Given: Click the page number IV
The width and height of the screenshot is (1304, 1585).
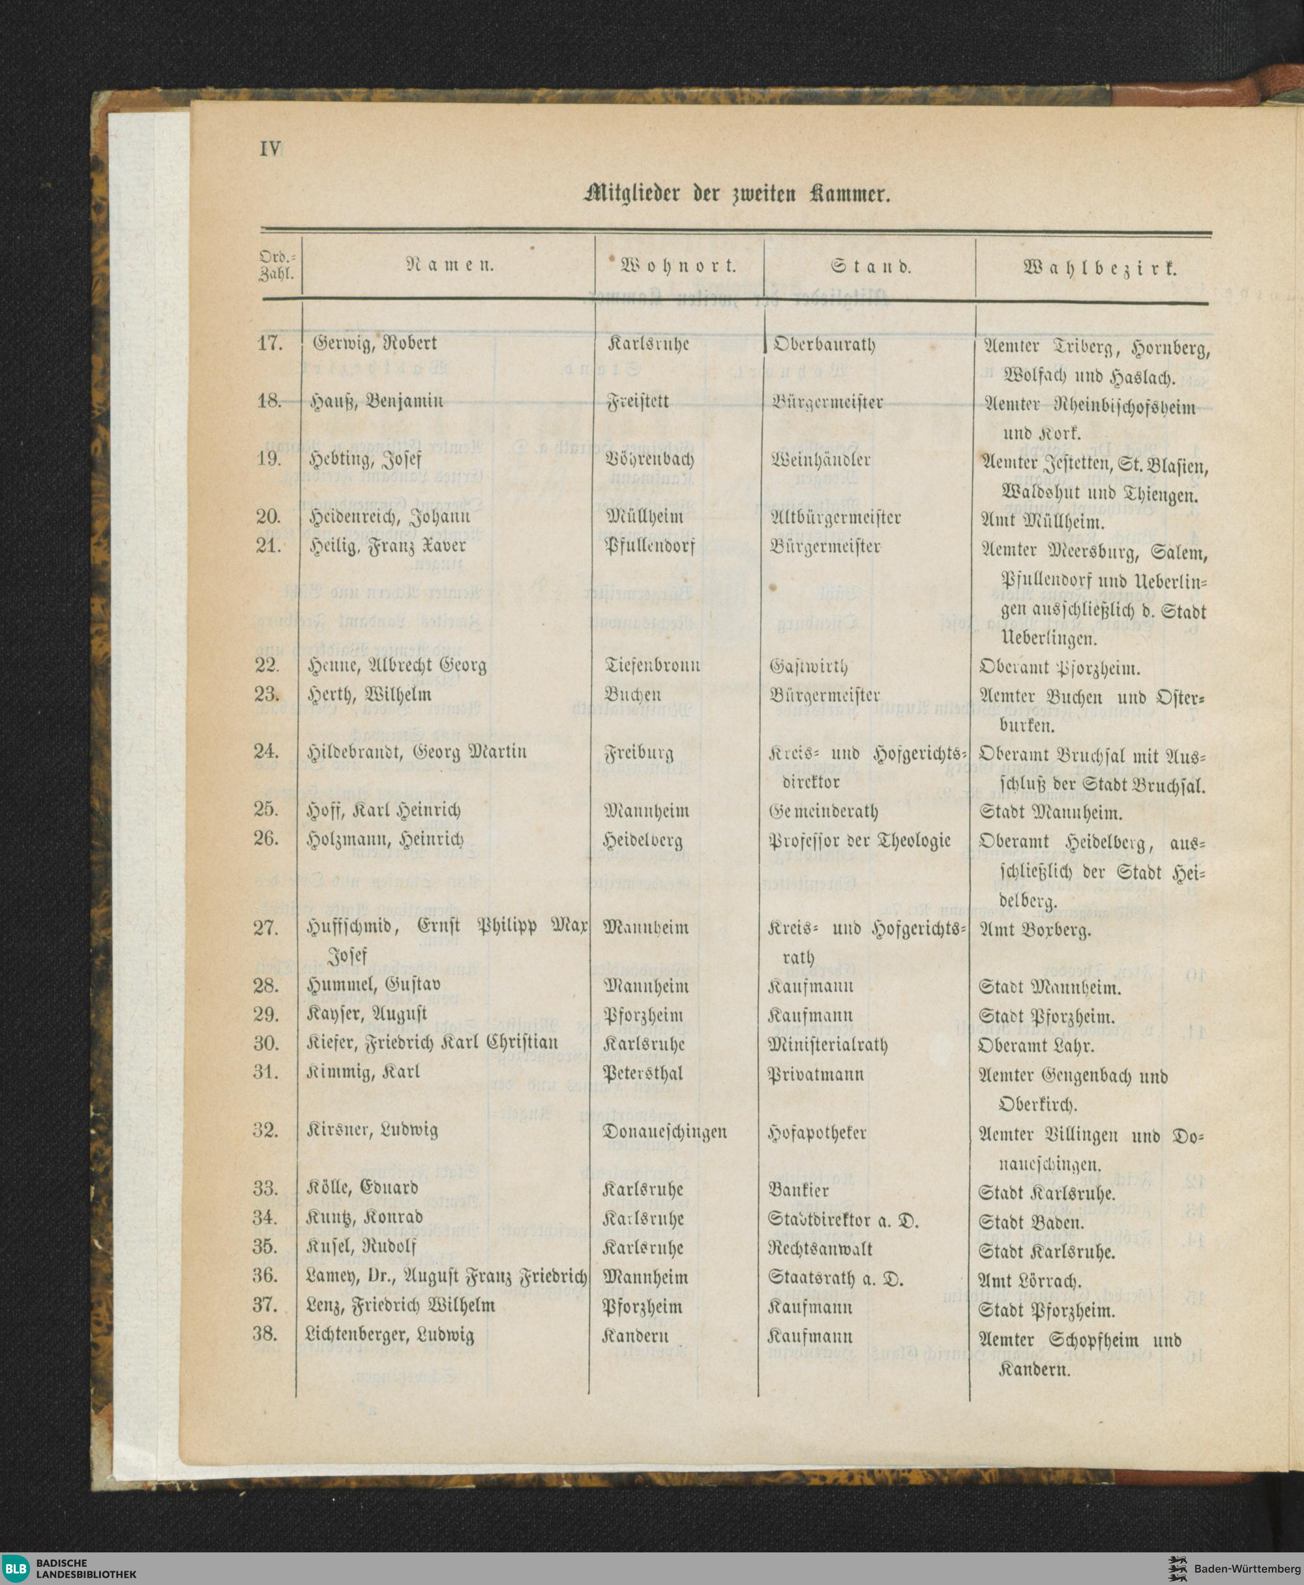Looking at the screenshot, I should (x=270, y=149).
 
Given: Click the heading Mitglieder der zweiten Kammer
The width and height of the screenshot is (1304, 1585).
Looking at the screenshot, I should (x=737, y=194).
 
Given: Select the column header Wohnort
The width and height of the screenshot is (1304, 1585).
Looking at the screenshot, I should (x=678, y=265).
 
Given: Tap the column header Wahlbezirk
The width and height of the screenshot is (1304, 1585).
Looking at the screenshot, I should (x=1099, y=267).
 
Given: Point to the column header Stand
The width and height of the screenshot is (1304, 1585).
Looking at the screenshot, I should (x=870, y=266).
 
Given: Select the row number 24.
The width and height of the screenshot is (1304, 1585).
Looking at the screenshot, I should (x=267, y=751).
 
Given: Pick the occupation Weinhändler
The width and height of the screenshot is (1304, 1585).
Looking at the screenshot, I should (x=820, y=459).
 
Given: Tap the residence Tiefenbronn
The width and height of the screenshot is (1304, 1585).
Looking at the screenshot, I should (x=652, y=665).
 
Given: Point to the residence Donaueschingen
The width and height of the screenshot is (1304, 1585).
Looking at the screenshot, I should (x=665, y=1131).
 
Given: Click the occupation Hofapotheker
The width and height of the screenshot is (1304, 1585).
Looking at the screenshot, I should (x=817, y=1132).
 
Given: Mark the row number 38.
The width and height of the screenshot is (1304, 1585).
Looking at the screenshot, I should (x=265, y=1334).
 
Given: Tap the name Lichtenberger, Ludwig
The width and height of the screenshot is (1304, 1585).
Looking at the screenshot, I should (x=390, y=1335).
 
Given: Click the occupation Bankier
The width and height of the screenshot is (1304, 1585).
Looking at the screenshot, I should (x=799, y=1190).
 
